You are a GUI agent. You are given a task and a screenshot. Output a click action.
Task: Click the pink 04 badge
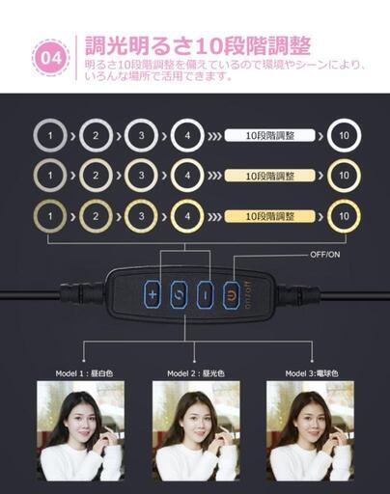(51, 58)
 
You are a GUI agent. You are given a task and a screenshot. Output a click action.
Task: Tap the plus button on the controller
(153, 294)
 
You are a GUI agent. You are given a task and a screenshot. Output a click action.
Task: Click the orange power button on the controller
(232, 294)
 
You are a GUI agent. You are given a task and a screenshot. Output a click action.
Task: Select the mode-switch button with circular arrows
(179, 294)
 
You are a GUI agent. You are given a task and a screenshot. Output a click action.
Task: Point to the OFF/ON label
(325, 255)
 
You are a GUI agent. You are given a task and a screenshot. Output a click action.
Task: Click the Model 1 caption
(84, 373)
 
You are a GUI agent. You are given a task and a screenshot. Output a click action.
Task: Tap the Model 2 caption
(196, 373)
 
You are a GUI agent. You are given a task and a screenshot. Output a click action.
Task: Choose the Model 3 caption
(312, 373)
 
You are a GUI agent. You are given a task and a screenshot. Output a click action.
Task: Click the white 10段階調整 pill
(269, 135)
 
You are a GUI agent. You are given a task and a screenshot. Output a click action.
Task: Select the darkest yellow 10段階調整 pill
(269, 216)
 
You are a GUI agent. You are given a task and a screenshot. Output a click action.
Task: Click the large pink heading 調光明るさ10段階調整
(198, 46)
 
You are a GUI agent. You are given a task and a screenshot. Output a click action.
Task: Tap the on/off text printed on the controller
(249, 295)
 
